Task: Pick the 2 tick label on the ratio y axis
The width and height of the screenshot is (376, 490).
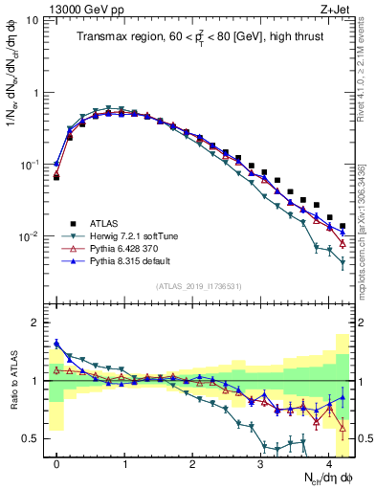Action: point(36,323)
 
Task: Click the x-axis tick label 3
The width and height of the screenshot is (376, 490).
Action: point(260,462)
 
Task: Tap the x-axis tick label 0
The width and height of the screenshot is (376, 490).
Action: point(56,462)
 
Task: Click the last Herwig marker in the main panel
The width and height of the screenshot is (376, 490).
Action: point(342,262)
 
